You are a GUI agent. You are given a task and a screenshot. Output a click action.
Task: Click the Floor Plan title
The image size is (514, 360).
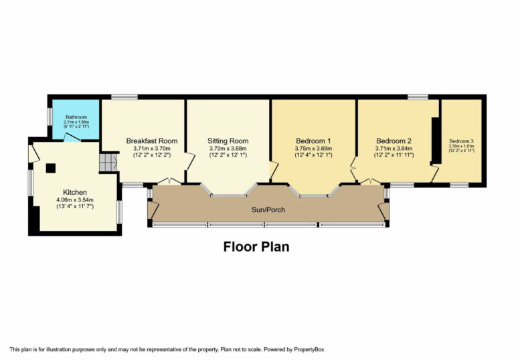point(256,247)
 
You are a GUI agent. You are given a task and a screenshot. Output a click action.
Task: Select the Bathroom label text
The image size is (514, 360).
point(76,117)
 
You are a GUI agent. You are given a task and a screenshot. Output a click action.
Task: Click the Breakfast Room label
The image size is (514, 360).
point(152,141)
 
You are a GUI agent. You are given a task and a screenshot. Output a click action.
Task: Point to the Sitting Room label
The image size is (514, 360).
point(228,141)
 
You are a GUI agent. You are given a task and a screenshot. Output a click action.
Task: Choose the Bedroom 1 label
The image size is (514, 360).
point(314,141)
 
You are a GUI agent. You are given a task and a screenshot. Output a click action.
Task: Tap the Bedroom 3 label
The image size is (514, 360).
point(461,141)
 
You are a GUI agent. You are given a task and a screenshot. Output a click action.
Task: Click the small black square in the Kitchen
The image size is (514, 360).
point(50,168)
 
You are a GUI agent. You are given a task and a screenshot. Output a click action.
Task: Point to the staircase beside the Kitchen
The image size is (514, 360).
point(108,163)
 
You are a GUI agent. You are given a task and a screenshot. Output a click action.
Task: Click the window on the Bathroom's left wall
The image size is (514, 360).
point(48,116)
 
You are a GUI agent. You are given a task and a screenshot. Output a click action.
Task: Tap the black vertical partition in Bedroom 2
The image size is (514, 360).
point(435,140)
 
